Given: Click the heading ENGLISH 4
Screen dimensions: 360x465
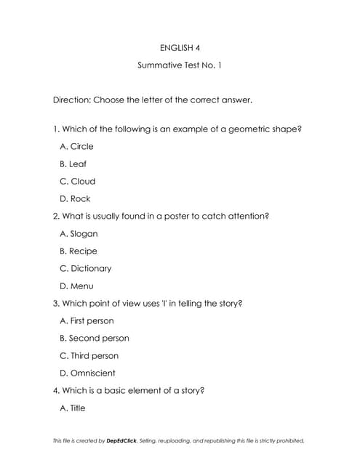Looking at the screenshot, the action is [x=180, y=48].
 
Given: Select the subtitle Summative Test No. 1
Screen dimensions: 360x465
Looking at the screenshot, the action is [x=180, y=65].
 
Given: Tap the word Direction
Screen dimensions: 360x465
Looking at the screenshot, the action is [x=71, y=100].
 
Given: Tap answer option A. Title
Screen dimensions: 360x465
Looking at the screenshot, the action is [x=72, y=408].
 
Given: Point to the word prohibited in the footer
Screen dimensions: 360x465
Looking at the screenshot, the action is [x=288, y=440].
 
